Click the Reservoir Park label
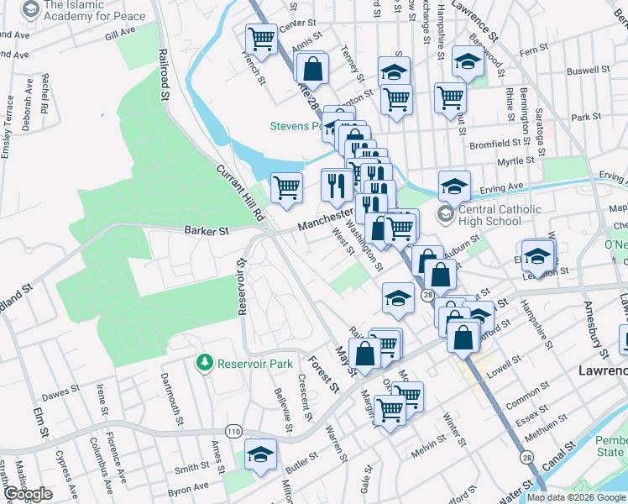point(254,364)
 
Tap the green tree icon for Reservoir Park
point(203,363)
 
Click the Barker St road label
point(207,229)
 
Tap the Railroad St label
point(165,75)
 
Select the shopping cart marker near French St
point(261,39)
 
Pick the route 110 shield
point(233,431)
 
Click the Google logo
point(28,494)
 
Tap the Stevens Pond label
point(296,127)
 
